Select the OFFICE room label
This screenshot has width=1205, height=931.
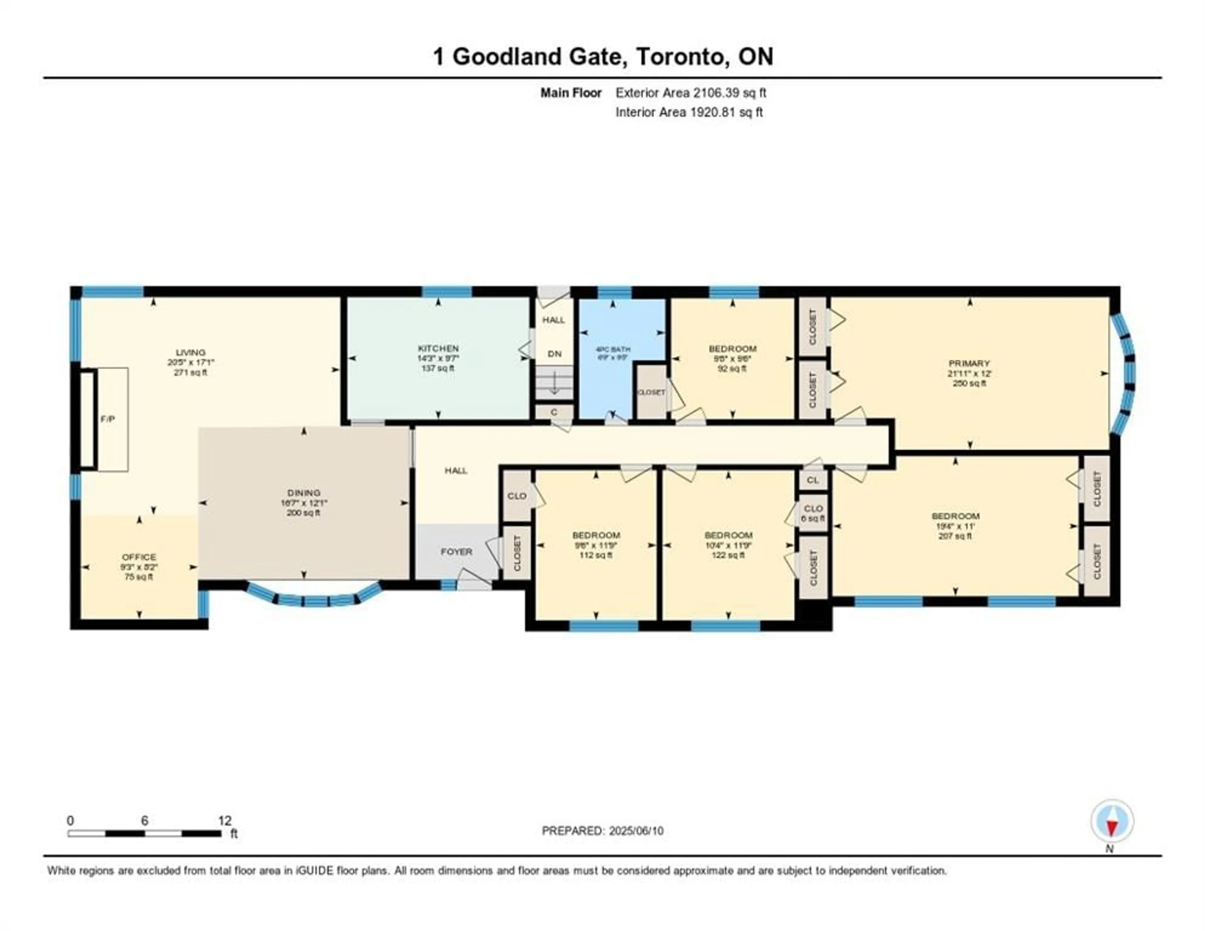tap(139, 557)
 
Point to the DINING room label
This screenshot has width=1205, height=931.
tap(303, 493)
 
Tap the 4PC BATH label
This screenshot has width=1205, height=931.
tap(613, 349)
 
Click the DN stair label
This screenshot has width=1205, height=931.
tap(554, 354)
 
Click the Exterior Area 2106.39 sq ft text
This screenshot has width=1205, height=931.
tap(691, 93)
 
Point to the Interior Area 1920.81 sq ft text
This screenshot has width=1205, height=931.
tap(689, 112)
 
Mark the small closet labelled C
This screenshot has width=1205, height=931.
tap(554, 412)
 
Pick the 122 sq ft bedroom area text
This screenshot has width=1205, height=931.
tap(728, 555)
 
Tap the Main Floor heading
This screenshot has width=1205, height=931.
tap(570, 93)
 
